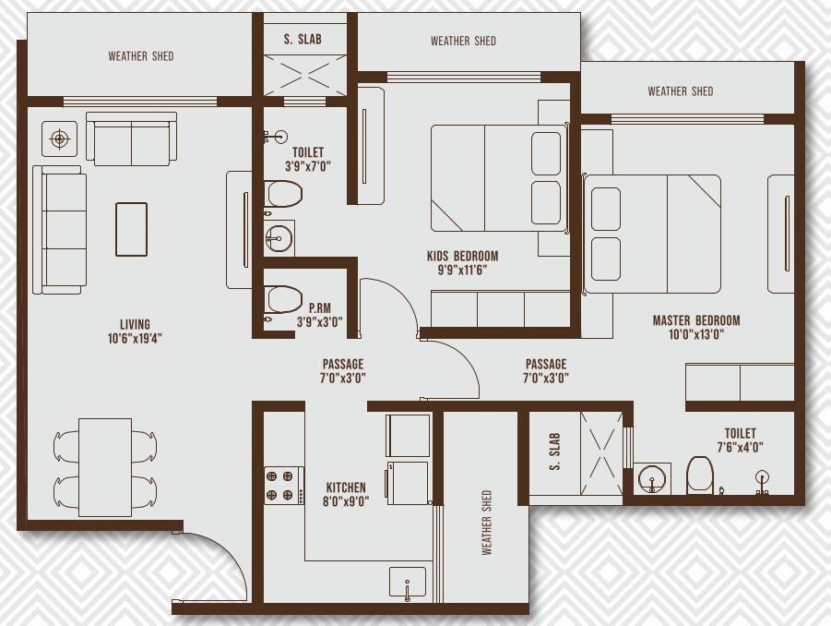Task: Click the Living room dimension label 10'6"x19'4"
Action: [135, 338]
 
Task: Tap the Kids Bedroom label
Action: [462, 256]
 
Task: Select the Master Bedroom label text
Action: [696, 320]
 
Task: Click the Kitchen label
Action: [346, 488]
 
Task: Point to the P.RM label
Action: [320, 309]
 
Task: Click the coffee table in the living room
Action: [131, 229]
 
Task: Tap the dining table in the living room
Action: [104, 467]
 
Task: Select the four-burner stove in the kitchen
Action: [284, 485]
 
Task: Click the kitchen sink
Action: [407, 584]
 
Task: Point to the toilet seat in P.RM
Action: [284, 299]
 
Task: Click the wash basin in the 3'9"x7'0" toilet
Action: [279, 238]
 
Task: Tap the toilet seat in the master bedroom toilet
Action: [700, 476]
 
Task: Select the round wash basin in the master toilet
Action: [653, 478]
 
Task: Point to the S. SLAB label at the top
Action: [303, 40]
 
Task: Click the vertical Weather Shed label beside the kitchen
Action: [486, 523]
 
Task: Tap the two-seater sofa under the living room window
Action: [131, 139]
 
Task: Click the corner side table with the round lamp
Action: [60, 139]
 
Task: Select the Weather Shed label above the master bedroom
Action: [680, 90]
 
